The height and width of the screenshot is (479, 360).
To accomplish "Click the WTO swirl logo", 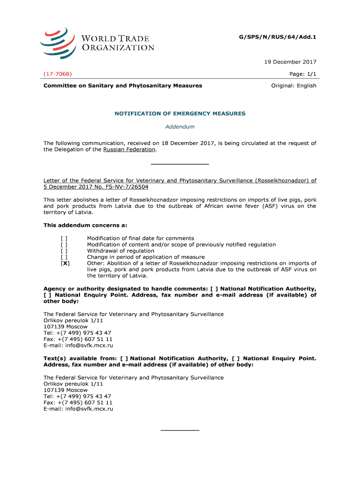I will point(58,41).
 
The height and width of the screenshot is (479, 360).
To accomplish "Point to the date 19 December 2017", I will point(293,62).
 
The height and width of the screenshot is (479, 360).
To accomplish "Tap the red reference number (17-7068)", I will point(58,74).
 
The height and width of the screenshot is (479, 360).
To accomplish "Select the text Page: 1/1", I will point(303,74).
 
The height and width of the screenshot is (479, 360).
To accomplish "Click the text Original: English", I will point(294,86).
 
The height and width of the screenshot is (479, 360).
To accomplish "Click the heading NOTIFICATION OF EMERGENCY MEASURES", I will point(180,114).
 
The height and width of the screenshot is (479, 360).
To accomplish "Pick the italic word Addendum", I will point(180,127).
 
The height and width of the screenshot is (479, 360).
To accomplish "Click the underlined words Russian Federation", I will point(129,150).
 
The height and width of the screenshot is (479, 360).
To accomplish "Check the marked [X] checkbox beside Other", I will point(65,263).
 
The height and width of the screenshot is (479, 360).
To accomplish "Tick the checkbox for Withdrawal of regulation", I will point(64,251).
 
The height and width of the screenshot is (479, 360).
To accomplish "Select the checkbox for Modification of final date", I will point(64,239).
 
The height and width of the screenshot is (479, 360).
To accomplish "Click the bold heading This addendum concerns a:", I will point(85,225).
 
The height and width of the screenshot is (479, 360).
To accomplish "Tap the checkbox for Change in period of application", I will point(64,257).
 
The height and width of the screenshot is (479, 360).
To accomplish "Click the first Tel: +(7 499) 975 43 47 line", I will point(77,333).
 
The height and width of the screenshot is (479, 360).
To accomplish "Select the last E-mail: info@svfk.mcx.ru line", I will point(78,409).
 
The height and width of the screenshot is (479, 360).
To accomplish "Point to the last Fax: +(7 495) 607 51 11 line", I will point(78,403).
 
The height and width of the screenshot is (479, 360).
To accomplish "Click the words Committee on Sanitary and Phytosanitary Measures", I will point(123,86).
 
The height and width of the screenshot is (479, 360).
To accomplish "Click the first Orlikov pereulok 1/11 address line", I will point(73,320).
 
